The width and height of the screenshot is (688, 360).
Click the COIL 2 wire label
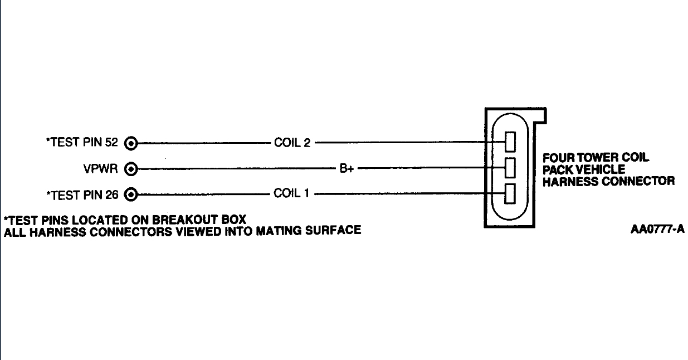click(292, 143)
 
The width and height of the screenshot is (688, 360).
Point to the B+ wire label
click(347, 168)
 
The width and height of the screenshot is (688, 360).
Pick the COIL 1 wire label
click(292, 194)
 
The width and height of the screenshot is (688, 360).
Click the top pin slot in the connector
click(510, 142)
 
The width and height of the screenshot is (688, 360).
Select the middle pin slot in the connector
click(510, 167)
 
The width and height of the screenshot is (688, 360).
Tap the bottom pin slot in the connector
click(510, 193)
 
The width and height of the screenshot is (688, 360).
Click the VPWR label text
click(100, 168)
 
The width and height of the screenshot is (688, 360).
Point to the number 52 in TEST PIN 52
click(111, 143)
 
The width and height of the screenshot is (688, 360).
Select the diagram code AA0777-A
click(657, 230)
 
